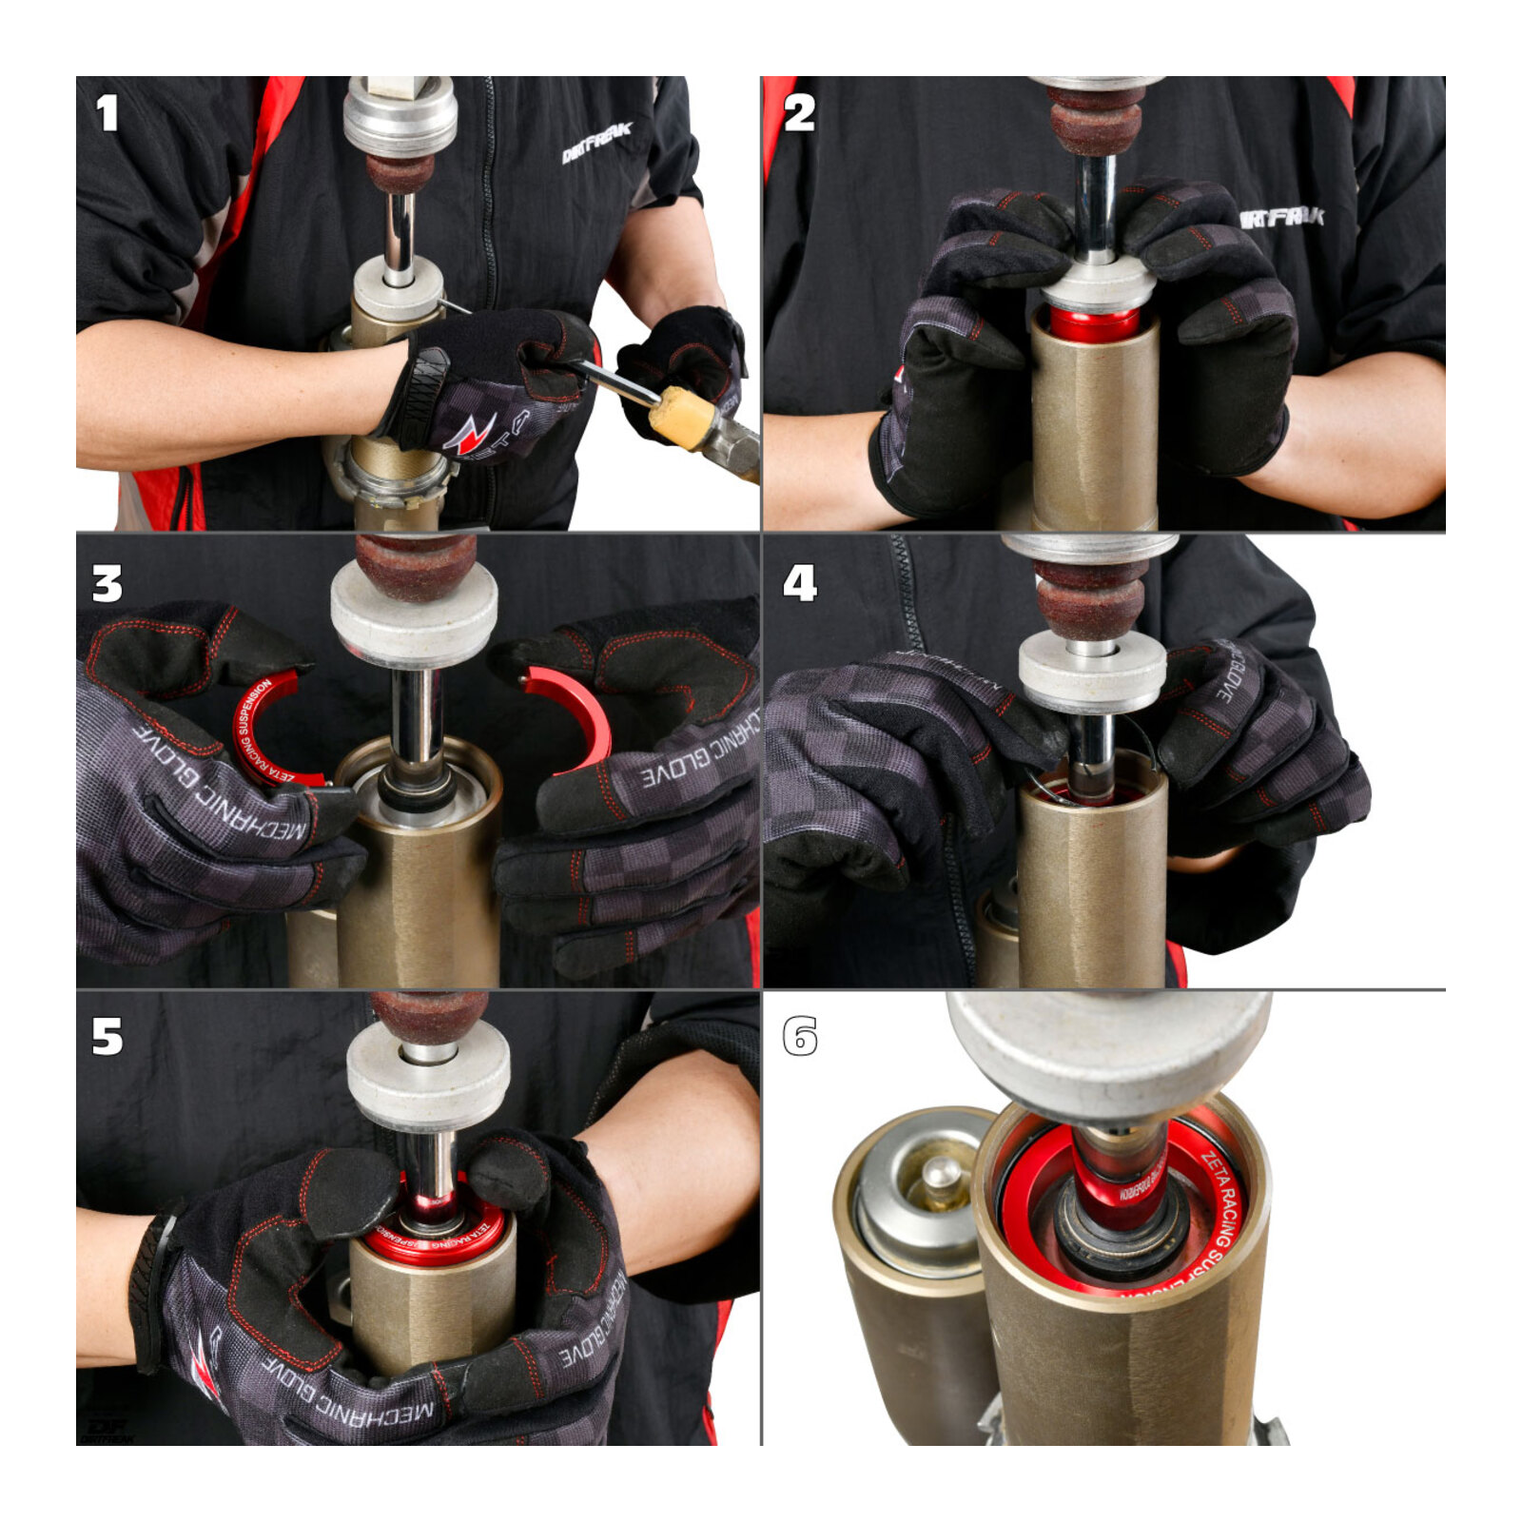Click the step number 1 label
[x=107, y=113]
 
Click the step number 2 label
[x=799, y=113]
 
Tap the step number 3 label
[x=107, y=583]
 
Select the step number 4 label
[x=799, y=583]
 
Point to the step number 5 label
[x=107, y=1037]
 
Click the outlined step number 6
[x=799, y=1037]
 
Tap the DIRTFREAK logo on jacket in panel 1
[x=595, y=143]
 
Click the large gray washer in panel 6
[x=1108, y=1046]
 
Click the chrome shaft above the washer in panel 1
[x=400, y=233]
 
